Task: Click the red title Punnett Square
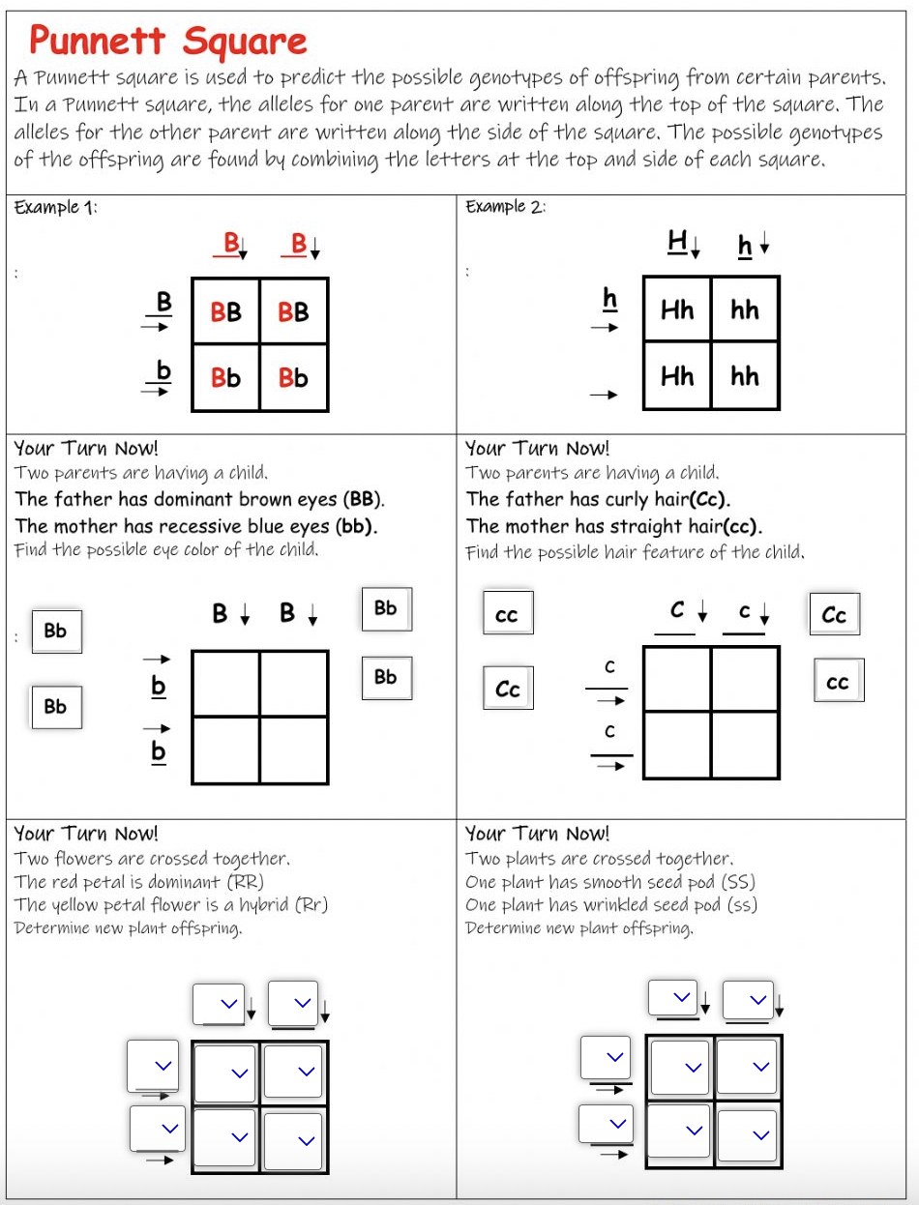[x=167, y=41]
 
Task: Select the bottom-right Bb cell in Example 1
[x=293, y=377]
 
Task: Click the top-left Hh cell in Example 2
[x=677, y=309]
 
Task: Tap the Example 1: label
[x=55, y=207]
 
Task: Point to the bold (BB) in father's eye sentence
[x=364, y=500]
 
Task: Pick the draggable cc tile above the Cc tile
[x=507, y=615]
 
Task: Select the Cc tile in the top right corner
[x=834, y=615]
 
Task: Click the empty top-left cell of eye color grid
[x=226, y=683]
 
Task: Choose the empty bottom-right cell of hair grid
[x=745, y=745]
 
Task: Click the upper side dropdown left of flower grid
[x=154, y=1065]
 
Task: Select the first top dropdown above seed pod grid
[x=673, y=996]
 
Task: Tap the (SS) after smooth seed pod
[x=738, y=882]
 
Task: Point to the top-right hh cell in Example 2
[x=745, y=309]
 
